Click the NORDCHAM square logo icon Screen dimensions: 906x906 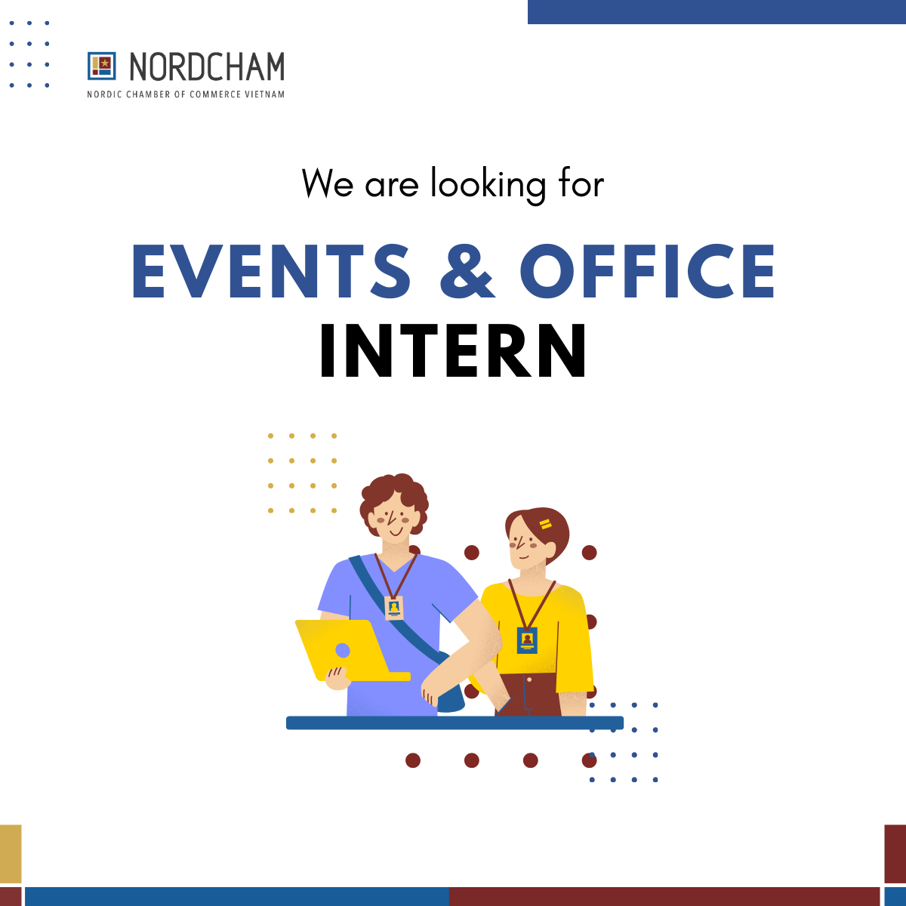coord(101,66)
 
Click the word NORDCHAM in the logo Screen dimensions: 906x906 coord(207,67)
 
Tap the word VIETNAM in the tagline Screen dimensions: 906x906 coord(265,94)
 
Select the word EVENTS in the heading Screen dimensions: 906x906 coord(271,271)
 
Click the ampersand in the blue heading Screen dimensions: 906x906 coord(467,271)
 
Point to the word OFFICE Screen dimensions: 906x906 coord(647,271)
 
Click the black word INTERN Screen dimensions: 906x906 coord(453,351)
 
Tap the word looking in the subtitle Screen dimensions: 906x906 coord(488,184)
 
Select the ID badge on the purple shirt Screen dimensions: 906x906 coord(393,607)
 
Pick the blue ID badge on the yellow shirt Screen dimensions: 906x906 coord(527,639)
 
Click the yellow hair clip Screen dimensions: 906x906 coord(545,524)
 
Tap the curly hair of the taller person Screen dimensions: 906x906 coord(393,492)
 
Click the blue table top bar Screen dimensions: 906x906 coord(455,723)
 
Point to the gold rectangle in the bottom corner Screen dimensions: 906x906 coord(11,853)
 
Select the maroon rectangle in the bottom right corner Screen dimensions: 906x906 coord(895,853)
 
